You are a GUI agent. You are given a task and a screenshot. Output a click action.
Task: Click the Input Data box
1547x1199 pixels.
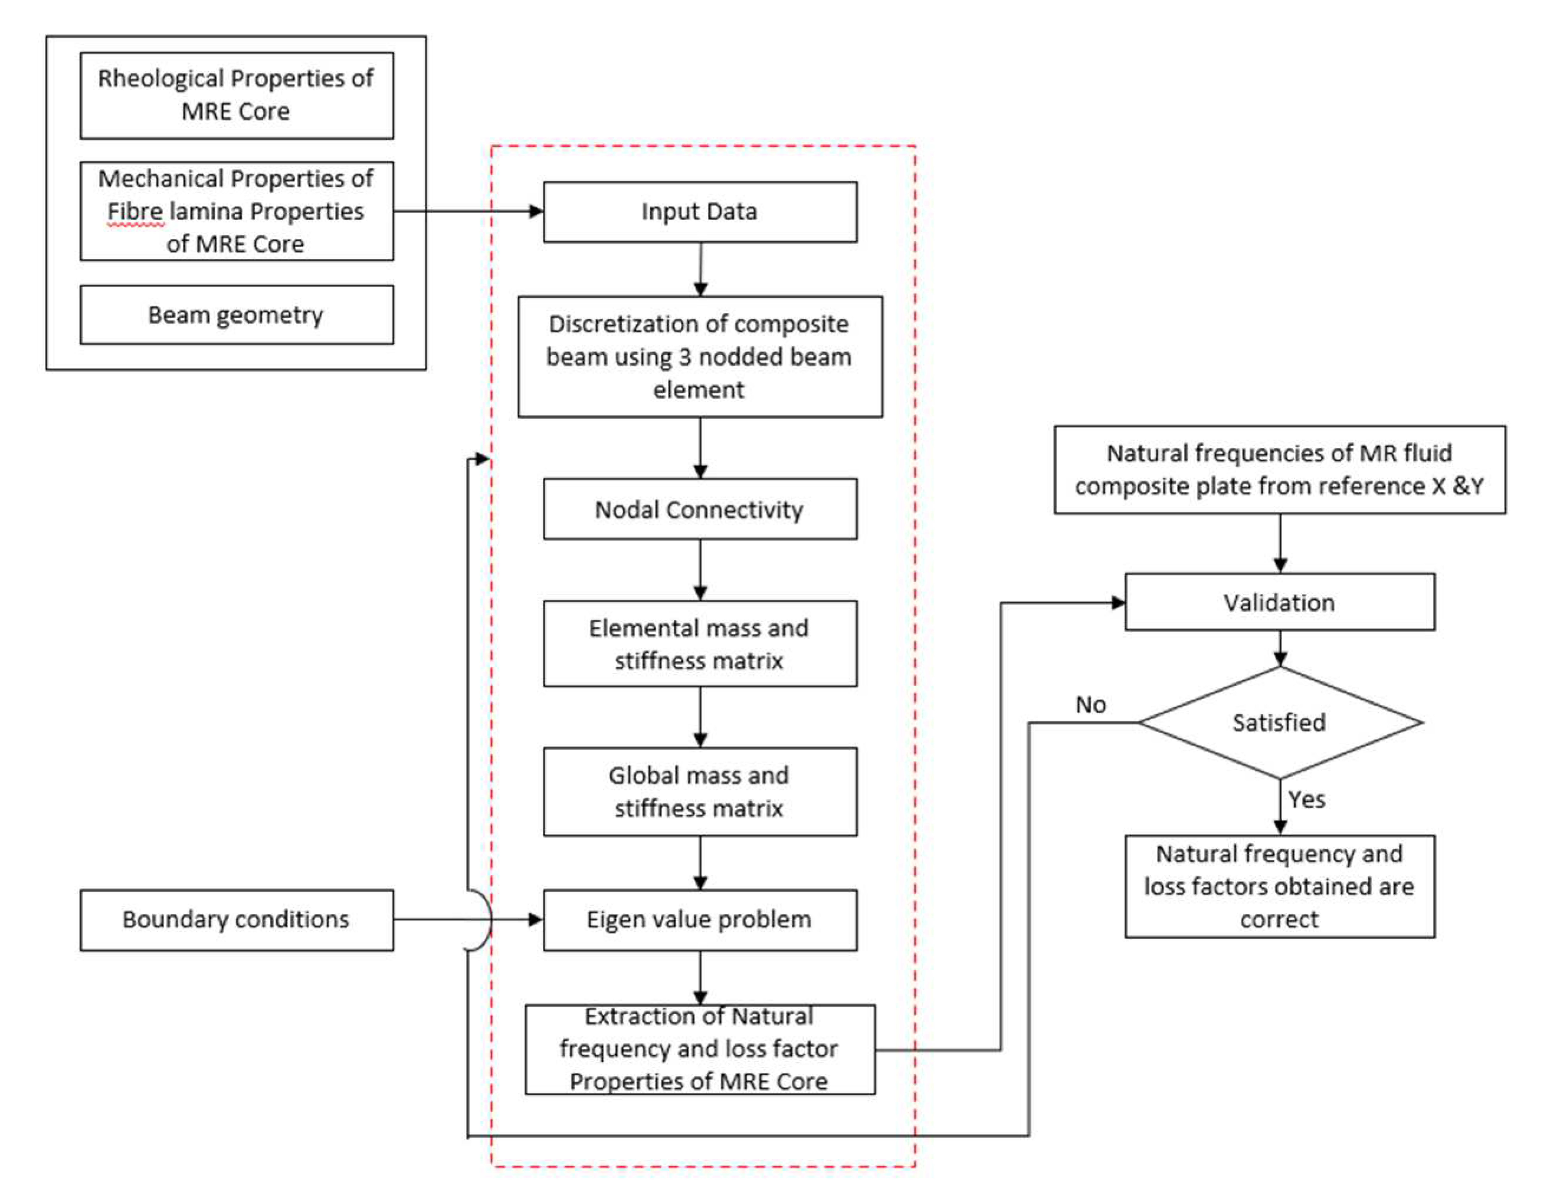[700, 212]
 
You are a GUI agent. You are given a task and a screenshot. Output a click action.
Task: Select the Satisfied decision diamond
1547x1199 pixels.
[1279, 722]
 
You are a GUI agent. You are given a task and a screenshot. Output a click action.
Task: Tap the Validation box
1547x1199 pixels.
[1279, 602]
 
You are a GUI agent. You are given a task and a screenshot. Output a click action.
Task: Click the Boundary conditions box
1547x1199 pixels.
[237, 919]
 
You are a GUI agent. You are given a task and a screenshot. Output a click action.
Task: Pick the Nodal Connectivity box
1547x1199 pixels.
[700, 509]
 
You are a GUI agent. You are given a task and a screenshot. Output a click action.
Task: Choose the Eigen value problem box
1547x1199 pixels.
[700, 919]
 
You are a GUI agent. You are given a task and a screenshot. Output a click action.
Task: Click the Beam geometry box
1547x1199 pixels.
[237, 314]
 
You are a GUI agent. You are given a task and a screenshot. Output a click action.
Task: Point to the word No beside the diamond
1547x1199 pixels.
[1090, 705]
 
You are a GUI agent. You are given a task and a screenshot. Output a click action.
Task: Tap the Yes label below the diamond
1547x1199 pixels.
[1306, 800]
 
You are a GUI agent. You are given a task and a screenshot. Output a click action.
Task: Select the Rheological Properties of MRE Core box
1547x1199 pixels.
[237, 95]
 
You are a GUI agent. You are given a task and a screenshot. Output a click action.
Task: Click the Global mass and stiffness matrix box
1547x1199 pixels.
[700, 792]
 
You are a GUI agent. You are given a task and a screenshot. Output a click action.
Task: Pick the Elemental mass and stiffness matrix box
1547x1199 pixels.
[700, 644]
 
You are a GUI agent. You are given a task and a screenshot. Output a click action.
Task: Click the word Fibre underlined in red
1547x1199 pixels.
[135, 212]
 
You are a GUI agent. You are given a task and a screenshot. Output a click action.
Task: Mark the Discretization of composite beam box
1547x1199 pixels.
[700, 356]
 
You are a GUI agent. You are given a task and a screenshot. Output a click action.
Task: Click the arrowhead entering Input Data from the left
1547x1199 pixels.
[537, 211]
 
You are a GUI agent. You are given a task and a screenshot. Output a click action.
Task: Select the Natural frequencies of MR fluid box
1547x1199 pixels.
[1279, 469]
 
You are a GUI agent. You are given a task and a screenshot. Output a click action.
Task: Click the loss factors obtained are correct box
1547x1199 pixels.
[1279, 886]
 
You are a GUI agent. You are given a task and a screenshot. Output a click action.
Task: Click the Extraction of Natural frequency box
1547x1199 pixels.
[700, 1049]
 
